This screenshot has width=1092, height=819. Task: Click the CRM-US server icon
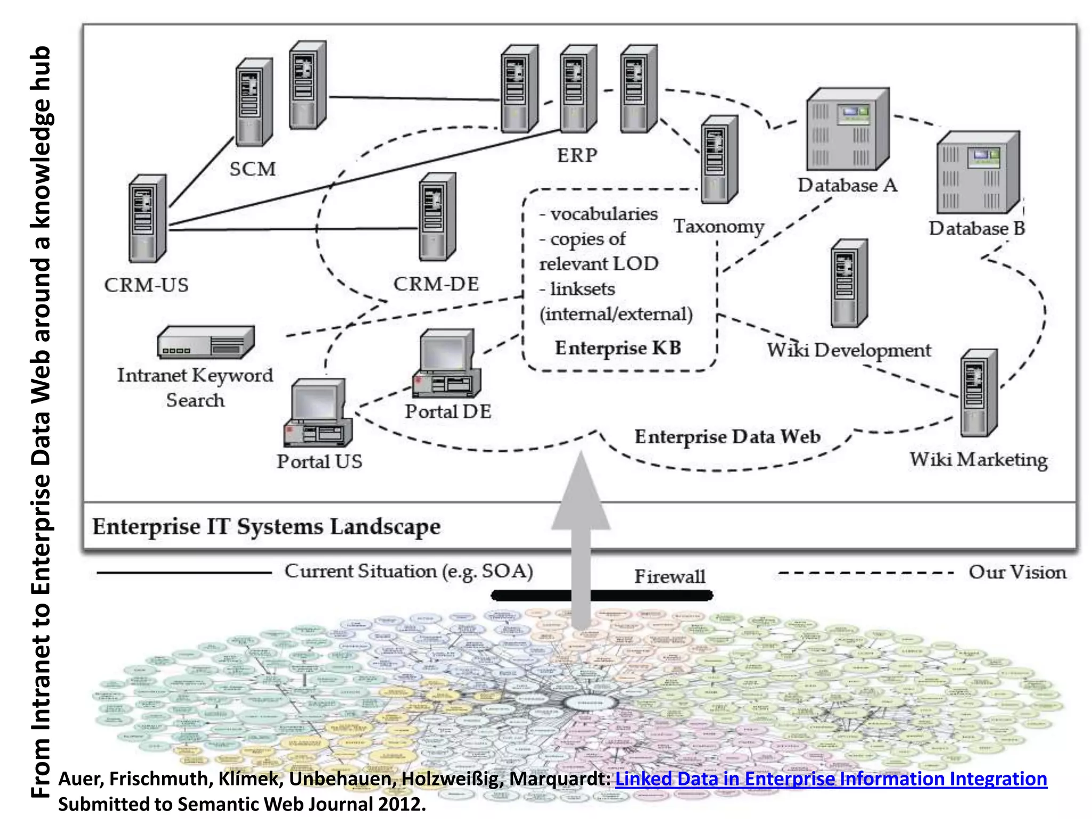click(x=147, y=219)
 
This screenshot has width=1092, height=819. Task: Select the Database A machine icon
click(x=847, y=130)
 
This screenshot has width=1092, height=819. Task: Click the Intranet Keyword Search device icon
click(x=205, y=342)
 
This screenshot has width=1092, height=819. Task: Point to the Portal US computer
click(x=318, y=413)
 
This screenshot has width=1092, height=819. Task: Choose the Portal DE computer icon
click(x=446, y=364)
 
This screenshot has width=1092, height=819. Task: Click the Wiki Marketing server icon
click(x=978, y=394)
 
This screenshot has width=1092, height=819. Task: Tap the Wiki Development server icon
click(x=849, y=283)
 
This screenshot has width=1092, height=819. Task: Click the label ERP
click(x=577, y=156)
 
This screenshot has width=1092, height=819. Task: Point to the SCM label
click(x=253, y=170)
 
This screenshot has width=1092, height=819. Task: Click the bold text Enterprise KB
click(x=618, y=348)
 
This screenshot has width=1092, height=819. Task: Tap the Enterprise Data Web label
click(x=727, y=437)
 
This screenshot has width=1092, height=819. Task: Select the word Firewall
click(x=669, y=576)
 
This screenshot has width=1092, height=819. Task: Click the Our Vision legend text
click(x=1017, y=572)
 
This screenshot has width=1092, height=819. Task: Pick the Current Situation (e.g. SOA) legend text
click(x=408, y=571)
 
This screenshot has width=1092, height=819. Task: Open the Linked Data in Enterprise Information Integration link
click(x=831, y=779)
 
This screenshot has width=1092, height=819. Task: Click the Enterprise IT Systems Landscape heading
click(x=267, y=527)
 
